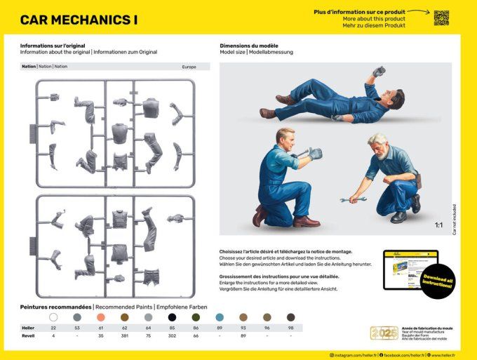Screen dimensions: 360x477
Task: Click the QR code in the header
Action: click(x=441, y=18)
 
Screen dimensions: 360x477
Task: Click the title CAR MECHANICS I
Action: click(x=79, y=20)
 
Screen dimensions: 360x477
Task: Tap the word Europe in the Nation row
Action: click(x=189, y=67)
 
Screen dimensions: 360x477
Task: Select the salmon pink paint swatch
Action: click(x=101, y=317)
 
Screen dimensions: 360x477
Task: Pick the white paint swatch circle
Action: click(x=53, y=317)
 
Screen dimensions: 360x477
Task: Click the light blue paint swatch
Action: click(x=220, y=317)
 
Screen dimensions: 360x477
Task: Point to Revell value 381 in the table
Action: click(x=125, y=335)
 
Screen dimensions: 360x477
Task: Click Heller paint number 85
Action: click(x=172, y=328)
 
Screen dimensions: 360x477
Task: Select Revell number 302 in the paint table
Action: click(x=172, y=335)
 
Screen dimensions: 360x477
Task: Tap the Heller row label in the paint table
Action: click(x=27, y=328)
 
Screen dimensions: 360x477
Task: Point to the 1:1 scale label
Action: click(x=438, y=225)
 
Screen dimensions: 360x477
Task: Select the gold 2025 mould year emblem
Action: click(x=384, y=333)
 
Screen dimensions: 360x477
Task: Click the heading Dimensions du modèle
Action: click(x=248, y=46)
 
